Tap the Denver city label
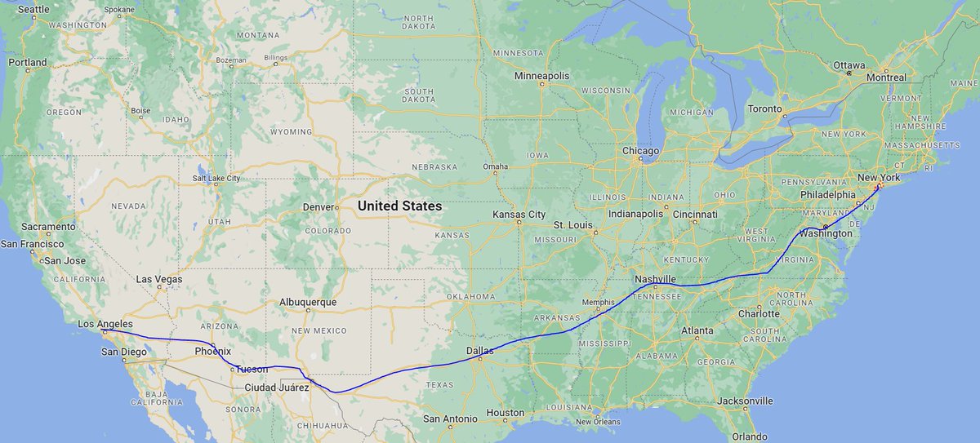pos(318,207)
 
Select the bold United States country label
pos(399,206)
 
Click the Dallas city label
pos(480,351)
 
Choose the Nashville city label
pos(655,279)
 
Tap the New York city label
pos(878,177)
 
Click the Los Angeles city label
pos(105,325)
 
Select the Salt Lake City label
pos(216,178)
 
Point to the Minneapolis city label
pos(541,76)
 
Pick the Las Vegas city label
pos(158,279)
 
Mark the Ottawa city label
pos(849,64)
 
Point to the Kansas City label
pos(519,214)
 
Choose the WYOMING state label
pos(292,132)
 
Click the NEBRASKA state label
pos(434,166)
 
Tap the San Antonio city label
pos(450,419)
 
